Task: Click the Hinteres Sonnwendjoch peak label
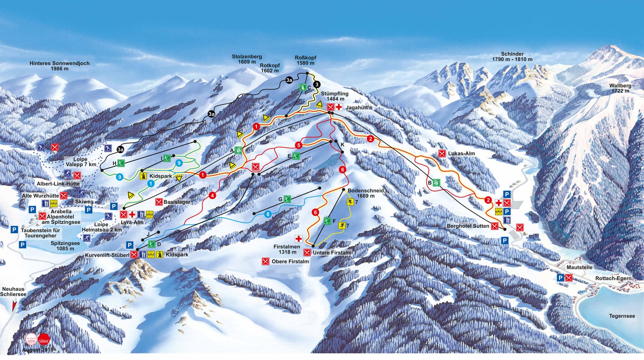pyautogui.click(x=59, y=66)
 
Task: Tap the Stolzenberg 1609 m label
pyautogui.click(x=247, y=59)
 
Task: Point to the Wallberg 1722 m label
pyautogui.click(x=620, y=88)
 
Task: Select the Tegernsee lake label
pyautogui.click(x=622, y=316)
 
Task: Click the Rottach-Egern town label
pyautogui.click(x=613, y=278)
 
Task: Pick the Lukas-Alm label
pyautogui.click(x=462, y=154)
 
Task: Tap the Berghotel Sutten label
pyautogui.click(x=468, y=226)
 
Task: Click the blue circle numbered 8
pyautogui.click(x=268, y=215)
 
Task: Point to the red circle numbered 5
pyautogui.click(x=299, y=145)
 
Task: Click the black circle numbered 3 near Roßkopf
pyautogui.click(x=316, y=84)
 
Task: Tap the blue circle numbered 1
pyautogui.click(x=151, y=183)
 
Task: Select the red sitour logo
pyautogui.click(x=44, y=339)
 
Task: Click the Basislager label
pyautogui.click(x=177, y=202)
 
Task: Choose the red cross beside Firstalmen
pyautogui.click(x=298, y=239)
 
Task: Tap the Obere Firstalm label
pyautogui.click(x=290, y=261)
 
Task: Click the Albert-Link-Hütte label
pyautogui.click(x=58, y=184)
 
